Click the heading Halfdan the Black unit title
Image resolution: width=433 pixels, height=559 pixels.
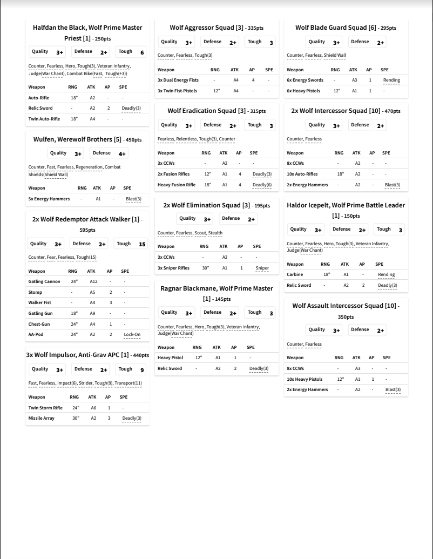pos(87,28)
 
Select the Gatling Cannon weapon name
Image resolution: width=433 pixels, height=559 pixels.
pos(44,281)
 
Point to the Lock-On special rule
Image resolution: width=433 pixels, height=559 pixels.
pos(132,334)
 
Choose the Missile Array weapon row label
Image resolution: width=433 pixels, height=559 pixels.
pos(42,418)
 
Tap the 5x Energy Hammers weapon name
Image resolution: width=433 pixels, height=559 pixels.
pos(49,199)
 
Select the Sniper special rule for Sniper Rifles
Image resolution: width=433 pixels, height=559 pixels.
pos(262,268)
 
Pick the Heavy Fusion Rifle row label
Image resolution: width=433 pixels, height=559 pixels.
pos(177,185)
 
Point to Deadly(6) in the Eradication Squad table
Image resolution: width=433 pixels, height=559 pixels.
pos(262,185)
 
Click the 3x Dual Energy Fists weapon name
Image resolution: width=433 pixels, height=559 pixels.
pos(178,80)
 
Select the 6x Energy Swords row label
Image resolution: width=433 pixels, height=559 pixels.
pos(304,80)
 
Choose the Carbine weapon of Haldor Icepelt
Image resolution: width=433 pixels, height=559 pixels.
pos(295,274)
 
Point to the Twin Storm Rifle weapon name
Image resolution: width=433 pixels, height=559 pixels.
pos(45,408)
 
